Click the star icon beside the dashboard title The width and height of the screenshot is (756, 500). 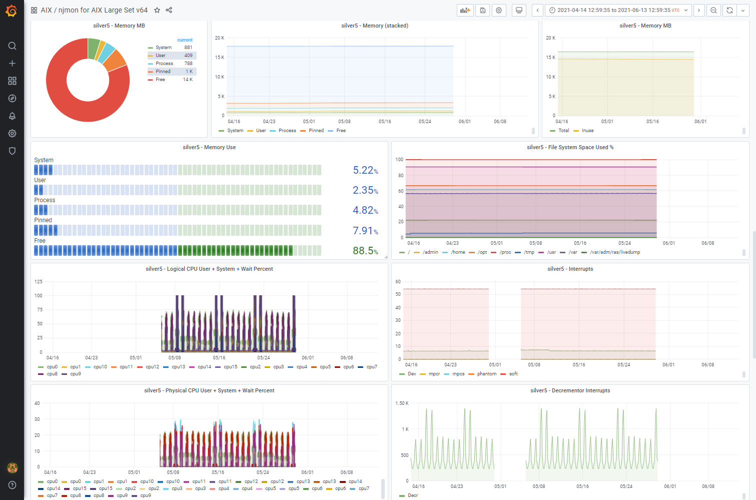(x=157, y=10)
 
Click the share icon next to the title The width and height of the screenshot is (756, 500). (x=169, y=10)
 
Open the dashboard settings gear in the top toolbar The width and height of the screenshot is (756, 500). (x=499, y=11)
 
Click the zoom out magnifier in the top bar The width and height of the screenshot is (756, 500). (x=713, y=11)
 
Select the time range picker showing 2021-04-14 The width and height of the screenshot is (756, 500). (x=618, y=11)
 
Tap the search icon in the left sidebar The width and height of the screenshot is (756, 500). (x=12, y=46)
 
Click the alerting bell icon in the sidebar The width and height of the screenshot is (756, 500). (x=12, y=116)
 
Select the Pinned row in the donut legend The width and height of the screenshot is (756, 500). (x=172, y=72)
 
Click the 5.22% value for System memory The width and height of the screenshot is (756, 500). (x=365, y=170)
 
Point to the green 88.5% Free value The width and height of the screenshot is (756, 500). (x=365, y=251)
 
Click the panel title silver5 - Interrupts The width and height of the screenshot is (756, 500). (x=570, y=269)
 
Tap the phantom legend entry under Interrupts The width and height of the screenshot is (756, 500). (x=483, y=374)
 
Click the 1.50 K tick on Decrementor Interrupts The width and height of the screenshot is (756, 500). (x=402, y=403)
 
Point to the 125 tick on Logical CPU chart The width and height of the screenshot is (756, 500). (x=39, y=282)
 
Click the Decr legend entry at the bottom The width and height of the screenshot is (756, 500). (x=409, y=495)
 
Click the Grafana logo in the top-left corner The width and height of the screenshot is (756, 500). (x=12, y=11)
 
